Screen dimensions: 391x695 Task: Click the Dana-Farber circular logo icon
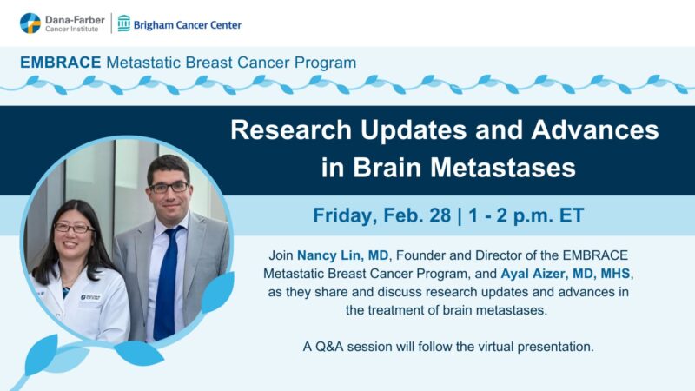[x=30, y=23]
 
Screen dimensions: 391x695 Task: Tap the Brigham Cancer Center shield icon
[x=124, y=23]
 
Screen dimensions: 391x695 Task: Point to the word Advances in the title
[x=592, y=130]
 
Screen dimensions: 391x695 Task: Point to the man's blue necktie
[x=164, y=278]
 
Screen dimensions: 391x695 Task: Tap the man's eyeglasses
[x=168, y=187]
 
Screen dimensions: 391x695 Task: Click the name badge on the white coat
[x=90, y=298]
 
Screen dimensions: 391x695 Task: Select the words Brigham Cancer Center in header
[x=188, y=24]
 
